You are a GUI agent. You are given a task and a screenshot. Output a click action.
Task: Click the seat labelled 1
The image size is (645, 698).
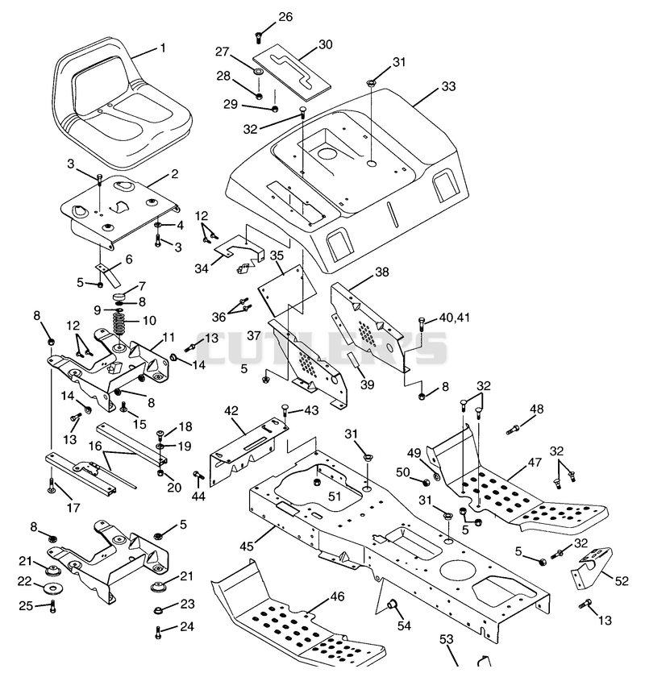click(x=120, y=107)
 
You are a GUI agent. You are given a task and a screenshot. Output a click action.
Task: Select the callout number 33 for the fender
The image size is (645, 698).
click(x=448, y=86)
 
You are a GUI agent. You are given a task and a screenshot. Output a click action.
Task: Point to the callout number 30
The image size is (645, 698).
click(x=326, y=44)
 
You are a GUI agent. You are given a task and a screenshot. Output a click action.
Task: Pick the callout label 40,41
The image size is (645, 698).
click(x=455, y=318)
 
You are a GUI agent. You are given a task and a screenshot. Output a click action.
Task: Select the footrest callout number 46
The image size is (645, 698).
click(x=338, y=596)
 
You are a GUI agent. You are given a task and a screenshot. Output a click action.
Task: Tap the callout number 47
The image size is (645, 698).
click(x=535, y=463)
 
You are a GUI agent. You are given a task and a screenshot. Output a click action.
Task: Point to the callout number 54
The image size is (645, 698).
click(x=404, y=625)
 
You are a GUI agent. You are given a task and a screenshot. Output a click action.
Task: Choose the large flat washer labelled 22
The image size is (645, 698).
click(x=54, y=589)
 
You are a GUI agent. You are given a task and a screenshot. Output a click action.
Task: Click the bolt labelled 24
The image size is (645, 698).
click(x=158, y=632)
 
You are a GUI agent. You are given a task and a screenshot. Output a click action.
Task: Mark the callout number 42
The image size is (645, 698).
click(x=231, y=410)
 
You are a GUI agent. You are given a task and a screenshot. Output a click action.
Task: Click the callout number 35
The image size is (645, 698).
click(x=277, y=256)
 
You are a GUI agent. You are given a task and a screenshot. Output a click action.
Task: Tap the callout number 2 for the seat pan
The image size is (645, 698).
click(x=174, y=173)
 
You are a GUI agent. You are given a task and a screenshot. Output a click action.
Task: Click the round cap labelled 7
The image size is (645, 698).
click(x=119, y=296)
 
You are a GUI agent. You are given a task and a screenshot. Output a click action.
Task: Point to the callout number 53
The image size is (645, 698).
click(x=446, y=639)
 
